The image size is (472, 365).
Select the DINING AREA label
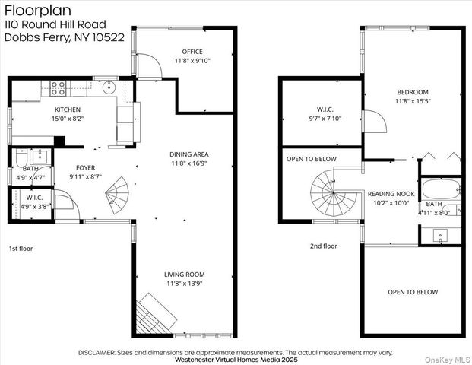coord(189,154)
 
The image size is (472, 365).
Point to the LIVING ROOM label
coord(184,275)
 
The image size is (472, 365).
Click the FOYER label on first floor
coord(85,167)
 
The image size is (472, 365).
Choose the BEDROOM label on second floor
coord(412,92)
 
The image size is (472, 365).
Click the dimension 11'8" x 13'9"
coord(184,284)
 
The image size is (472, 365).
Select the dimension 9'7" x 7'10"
coord(325,118)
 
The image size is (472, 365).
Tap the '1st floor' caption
coord(21,248)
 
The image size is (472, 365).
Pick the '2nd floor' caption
coord(323,246)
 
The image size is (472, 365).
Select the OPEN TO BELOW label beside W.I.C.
coord(312,159)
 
